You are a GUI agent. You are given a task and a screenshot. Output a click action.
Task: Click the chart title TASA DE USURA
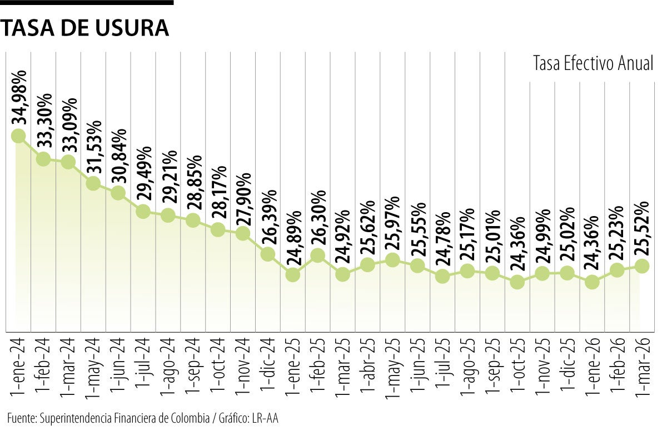tap(84, 28)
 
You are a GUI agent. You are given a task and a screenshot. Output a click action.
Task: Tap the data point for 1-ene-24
tap(18, 136)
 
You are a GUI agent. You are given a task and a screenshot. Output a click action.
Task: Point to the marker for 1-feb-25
tap(318, 255)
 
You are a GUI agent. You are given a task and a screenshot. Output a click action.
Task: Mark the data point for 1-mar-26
tap(642, 266)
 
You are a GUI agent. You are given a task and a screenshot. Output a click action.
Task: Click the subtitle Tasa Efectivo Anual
tap(593, 63)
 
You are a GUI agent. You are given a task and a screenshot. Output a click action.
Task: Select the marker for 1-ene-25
tap(293, 274)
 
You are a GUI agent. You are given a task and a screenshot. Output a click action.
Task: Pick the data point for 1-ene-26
tap(592, 282)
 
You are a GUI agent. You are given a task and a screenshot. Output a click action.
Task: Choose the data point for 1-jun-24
tap(118, 193)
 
